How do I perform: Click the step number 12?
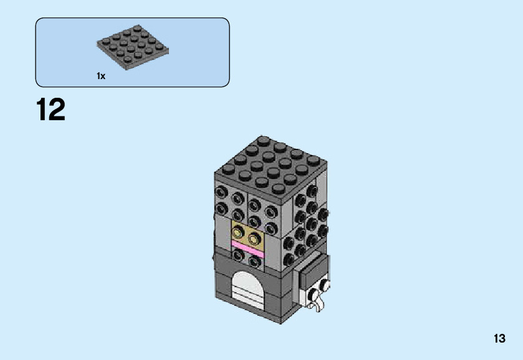pos(50,110)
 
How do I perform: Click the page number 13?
pos(499,339)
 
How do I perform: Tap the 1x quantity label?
pos(101,76)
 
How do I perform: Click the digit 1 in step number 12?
pos(42,110)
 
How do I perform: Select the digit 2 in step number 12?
pos(57,110)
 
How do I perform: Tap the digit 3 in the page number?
pos(502,339)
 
